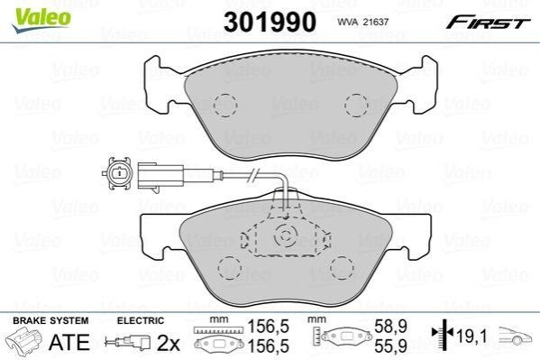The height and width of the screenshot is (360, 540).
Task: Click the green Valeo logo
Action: (x=41, y=20)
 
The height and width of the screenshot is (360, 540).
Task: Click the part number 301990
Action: (x=270, y=22)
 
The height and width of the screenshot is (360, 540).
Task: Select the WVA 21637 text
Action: (x=363, y=22)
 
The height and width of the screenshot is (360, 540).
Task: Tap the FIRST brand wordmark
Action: (x=488, y=22)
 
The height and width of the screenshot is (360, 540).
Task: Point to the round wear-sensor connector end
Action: (x=118, y=172)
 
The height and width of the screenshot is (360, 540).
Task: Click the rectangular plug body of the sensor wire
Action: (x=160, y=176)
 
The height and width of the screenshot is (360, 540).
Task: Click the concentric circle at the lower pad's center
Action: (x=285, y=236)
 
